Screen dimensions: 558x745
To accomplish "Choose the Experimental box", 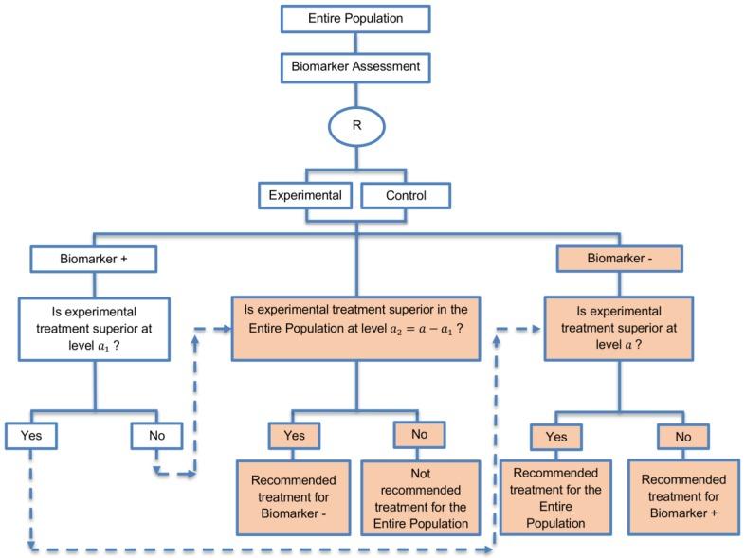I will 305,195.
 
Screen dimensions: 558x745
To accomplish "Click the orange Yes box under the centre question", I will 295,435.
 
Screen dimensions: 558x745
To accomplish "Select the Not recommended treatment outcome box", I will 418,498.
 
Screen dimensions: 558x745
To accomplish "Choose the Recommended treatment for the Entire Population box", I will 555,497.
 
